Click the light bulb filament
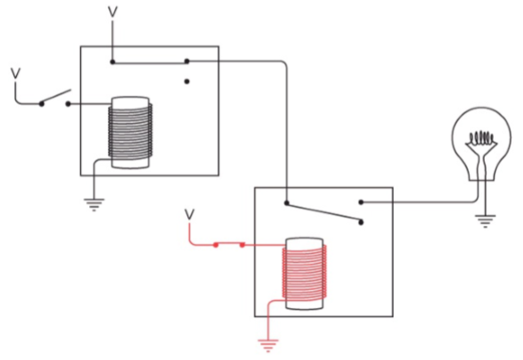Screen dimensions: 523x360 [481, 137]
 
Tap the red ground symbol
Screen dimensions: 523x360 [268, 345]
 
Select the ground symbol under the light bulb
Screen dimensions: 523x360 [486, 220]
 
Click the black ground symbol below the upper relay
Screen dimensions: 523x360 [94, 204]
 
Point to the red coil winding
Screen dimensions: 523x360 [305, 272]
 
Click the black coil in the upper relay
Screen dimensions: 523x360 [130, 131]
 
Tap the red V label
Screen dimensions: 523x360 [190, 215]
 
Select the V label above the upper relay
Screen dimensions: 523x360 [113, 12]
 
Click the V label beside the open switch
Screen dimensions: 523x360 [15, 74]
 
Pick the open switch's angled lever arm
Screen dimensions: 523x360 [56, 97]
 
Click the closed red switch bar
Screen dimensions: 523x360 [229, 244]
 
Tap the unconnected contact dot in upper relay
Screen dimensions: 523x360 [187, 81]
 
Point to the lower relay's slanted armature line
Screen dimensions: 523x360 [323, 211]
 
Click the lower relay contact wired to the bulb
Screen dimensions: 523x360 [361, 202]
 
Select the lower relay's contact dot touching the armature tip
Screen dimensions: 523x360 [361, 222]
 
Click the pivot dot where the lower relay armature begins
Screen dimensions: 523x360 [287, 202]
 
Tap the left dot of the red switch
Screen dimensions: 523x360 [216, 245]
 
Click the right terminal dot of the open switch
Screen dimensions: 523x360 [68, 104]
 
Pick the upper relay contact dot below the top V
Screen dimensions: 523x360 [113, 61]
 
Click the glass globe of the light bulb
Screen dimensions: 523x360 [481, 143]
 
